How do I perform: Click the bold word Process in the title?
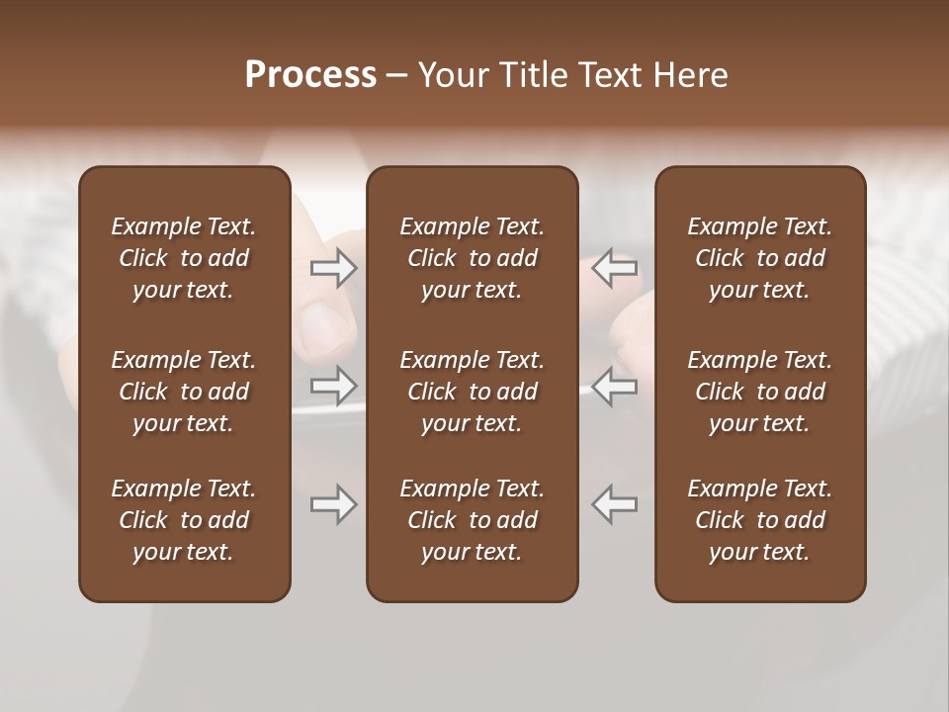click(310, 75)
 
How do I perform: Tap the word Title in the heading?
click(534, 75)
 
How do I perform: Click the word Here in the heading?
click(689, 75)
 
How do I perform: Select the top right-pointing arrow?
click(333, 268)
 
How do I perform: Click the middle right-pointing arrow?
click(333, 387)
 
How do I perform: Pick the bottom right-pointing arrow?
click(333, 504)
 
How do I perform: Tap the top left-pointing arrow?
click(615, 268)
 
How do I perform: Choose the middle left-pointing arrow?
click(615, 387)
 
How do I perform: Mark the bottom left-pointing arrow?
click(615, 504)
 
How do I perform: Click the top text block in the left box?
click(184, 258)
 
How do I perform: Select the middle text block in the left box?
click(184, 392)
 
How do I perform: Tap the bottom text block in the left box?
click(184, 520)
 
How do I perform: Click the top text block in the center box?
click(472, 258)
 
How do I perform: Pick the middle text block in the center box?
click(472, 392)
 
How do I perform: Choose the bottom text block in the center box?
click(472, 520)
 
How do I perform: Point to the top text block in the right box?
click(759, 258)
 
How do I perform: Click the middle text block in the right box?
click(759, 392)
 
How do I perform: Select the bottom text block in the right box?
click(759, 520)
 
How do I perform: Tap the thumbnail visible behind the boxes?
click(325, 326)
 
